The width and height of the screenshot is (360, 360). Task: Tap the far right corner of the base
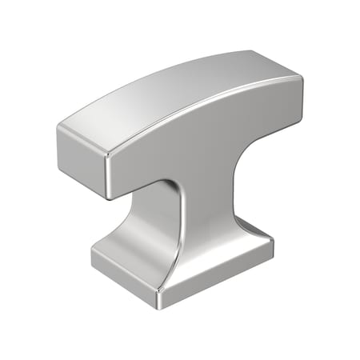(273, 240)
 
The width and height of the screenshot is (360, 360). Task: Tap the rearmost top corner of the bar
(251, 52)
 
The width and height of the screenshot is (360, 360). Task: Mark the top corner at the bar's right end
(302, 78)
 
